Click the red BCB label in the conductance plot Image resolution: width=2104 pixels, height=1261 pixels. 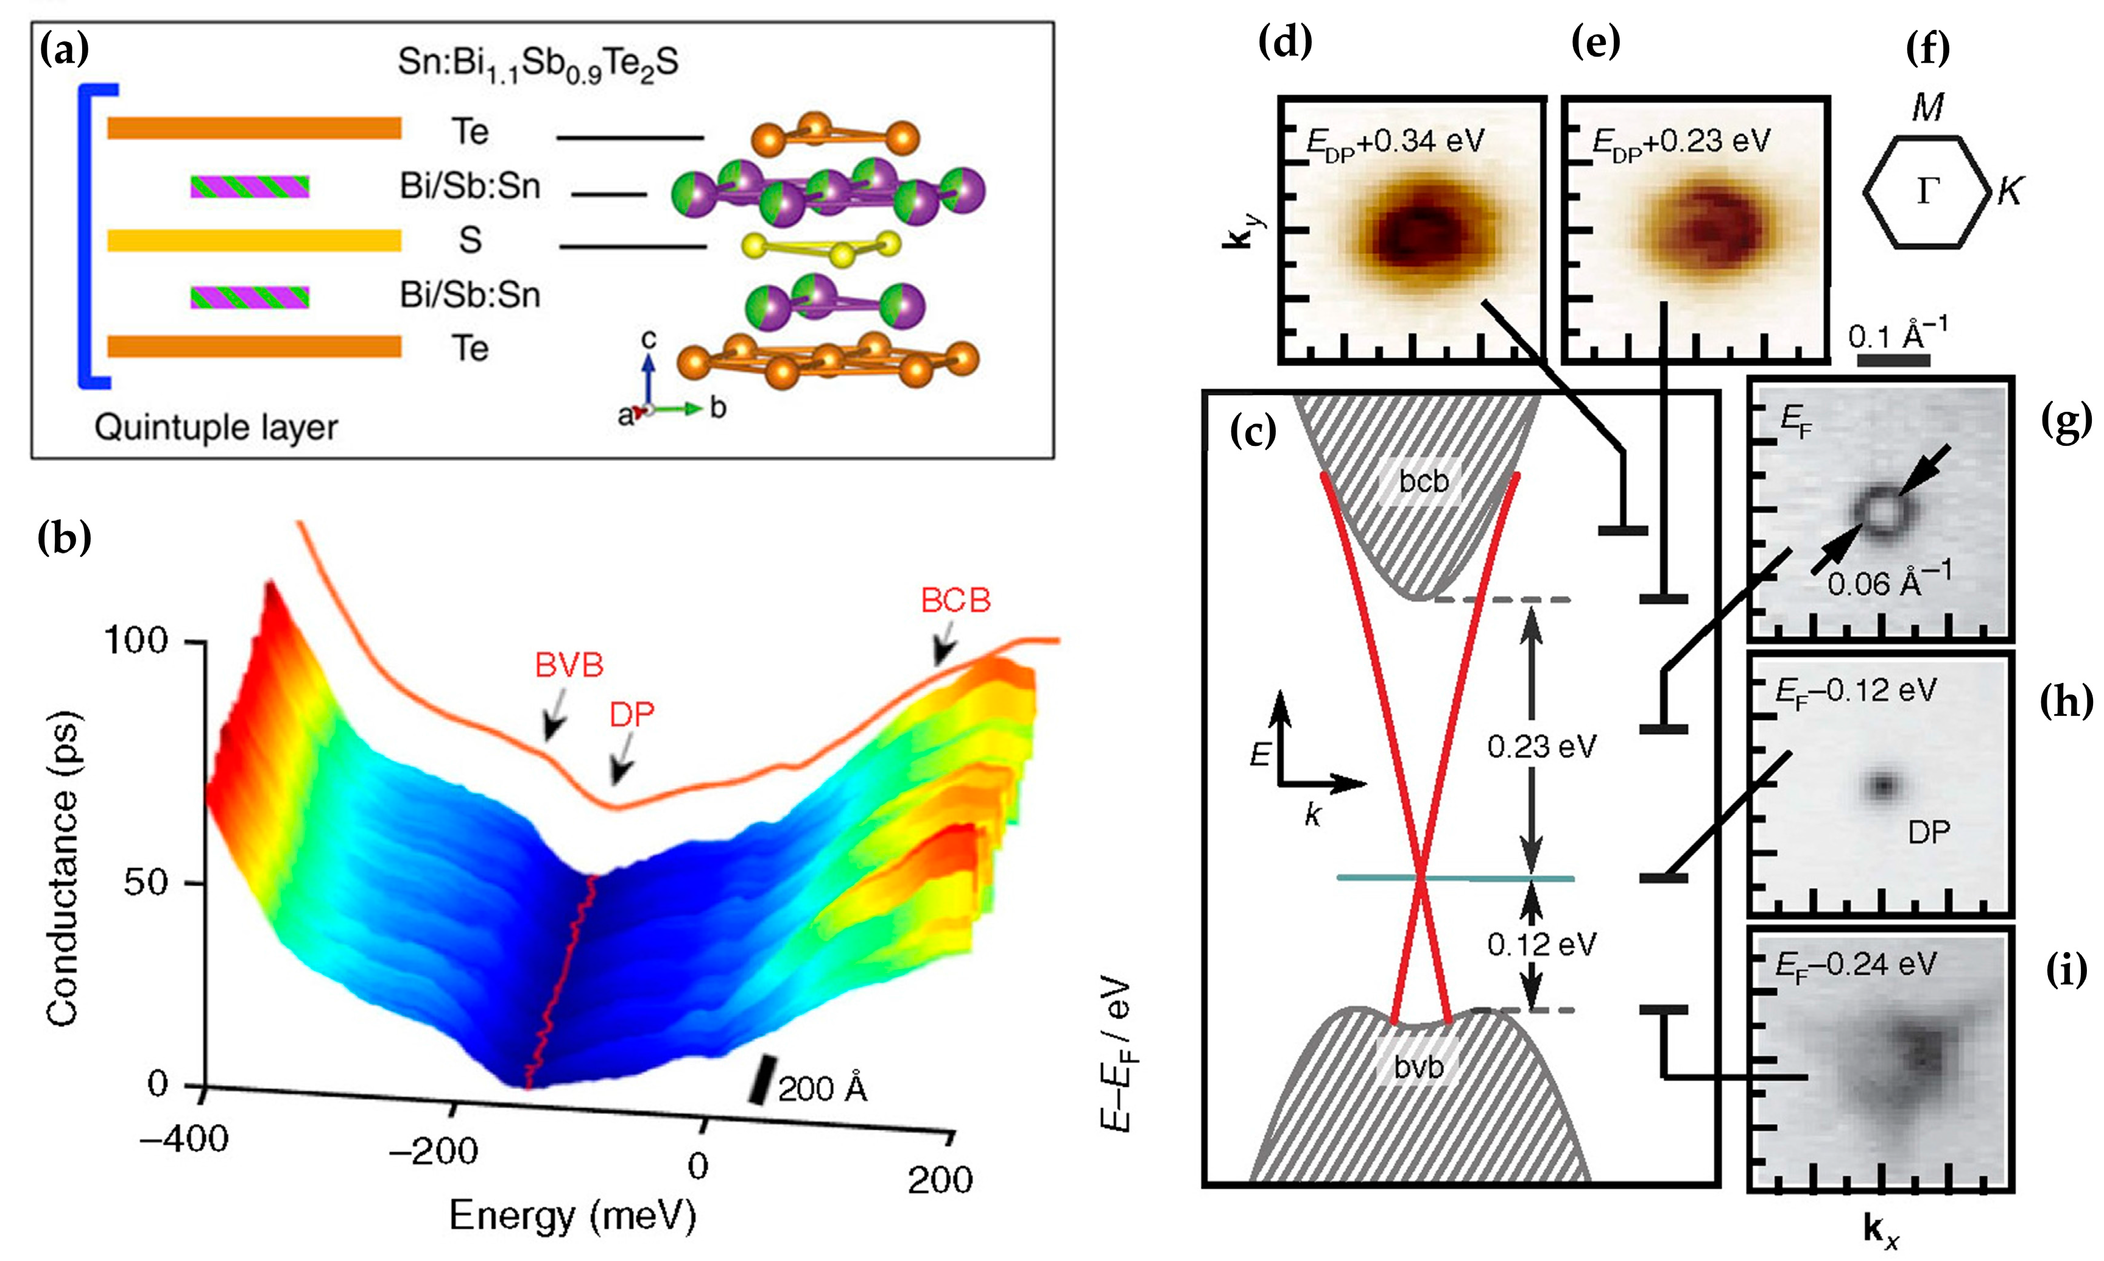coord(955,601)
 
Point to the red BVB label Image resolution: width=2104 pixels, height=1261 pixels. coord(569,665)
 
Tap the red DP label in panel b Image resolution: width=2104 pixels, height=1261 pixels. coord(632,715)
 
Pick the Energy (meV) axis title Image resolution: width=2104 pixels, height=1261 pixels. coord(572,1217)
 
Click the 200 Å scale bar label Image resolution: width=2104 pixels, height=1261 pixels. coord(822,1089)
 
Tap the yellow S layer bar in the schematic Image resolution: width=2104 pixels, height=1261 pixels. coord(254,241)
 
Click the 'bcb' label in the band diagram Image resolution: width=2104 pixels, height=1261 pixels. coord(1424,482)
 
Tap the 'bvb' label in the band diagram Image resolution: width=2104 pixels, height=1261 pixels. coord(1418,1067)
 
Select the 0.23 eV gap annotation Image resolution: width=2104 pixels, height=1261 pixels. coord(1542,747)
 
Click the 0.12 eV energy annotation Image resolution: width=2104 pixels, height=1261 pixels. coord(1542,944)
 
